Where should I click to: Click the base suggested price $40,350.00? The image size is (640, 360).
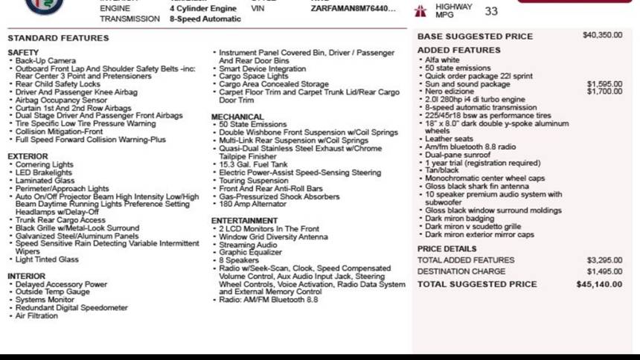tap(602, 35)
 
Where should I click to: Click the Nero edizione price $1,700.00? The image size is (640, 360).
tap(604, 91)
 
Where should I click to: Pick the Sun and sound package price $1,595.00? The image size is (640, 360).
tap(604, 84)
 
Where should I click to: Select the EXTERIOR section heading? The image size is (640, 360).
tap(28, 156)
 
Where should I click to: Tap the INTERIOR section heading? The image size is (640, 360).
tap(26, 276)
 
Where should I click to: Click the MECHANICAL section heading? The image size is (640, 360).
tap(237, 117)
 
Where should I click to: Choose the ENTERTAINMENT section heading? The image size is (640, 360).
tap(244, 221)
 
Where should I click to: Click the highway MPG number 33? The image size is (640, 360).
tap(491, 11)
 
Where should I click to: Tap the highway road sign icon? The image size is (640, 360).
tap(421, 10)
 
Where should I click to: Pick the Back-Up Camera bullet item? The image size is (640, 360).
tap(45, 61)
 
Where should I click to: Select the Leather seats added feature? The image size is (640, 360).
tap(449, 139)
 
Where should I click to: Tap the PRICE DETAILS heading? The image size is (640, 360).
tap(447, 248)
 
